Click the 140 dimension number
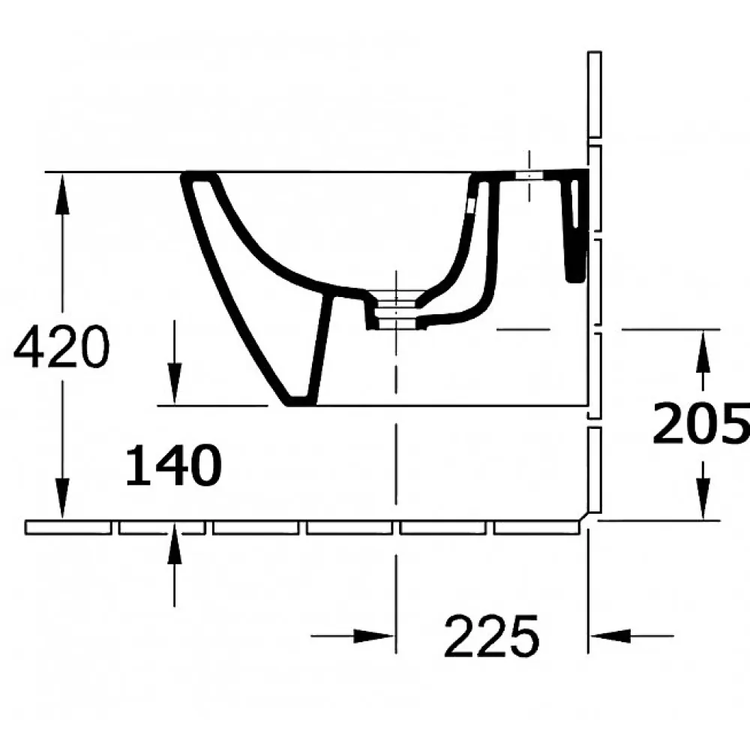[174, 464]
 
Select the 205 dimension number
[701, 423]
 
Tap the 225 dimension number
[492, 636]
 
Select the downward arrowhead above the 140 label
[174, 384]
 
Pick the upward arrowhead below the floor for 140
[174, 544]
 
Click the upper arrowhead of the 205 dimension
[703, 351]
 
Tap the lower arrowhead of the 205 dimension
[703, 499]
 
